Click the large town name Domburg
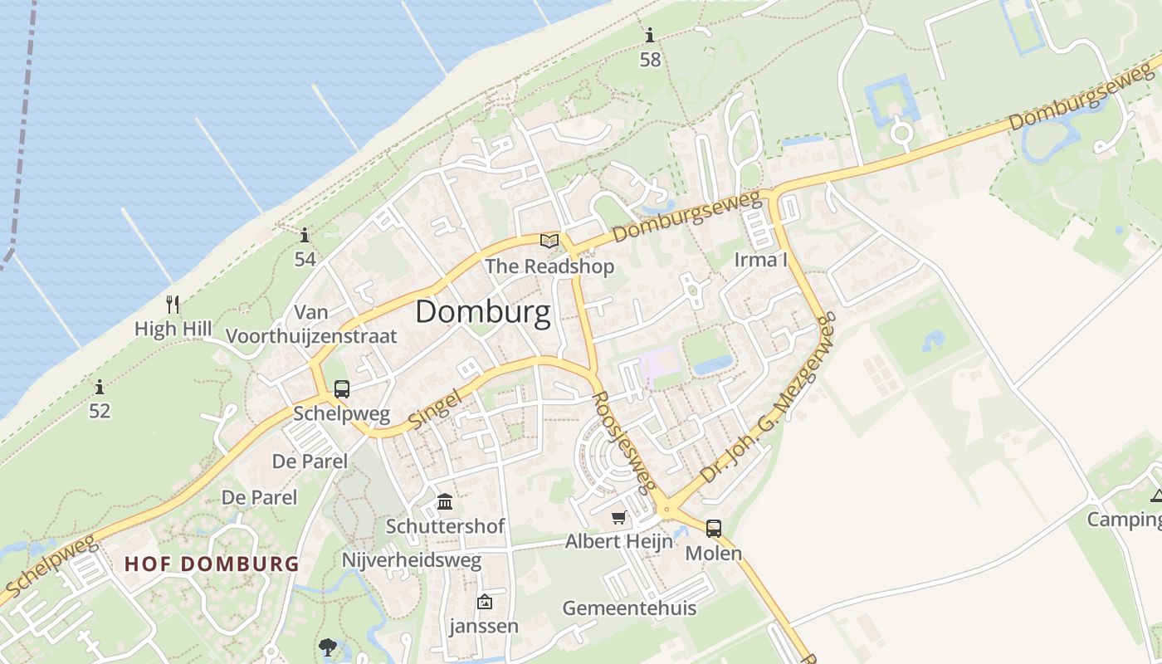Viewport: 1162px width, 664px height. pyautogui.click(x=482, y=312)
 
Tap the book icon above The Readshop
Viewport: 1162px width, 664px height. pyautogui.click(x=549, y=241)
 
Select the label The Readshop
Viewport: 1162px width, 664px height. pyautogui.click(x=549, y=266)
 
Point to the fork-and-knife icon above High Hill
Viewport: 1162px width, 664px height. pyautogui.click(x=173, y=305)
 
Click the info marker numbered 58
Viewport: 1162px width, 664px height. pyautogui.click(x=650, y=36)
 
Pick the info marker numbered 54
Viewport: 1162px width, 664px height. pyautogui.click(x=305, y=236)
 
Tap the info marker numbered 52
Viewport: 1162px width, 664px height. pyautogui.click(x=100, y=387)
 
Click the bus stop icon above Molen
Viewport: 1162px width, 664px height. pyautogui.click(x=713, y=528)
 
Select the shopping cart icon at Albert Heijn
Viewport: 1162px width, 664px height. pyautogui.click(x=618, y=518)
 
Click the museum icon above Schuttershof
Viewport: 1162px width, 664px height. pyautogui.click(x=445, y=502)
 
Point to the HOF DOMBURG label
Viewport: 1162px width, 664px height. pyautogui.click(x=212, y=564)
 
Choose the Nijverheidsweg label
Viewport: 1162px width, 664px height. pyautogui.click(x=412, y=561)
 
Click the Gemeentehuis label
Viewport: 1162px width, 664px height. pyautogui.click(x=629, y=608)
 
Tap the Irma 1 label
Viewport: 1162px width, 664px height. pyautogui.click(x=760, y=260)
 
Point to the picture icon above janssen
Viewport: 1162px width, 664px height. pyautogui.click(x=484, y=602)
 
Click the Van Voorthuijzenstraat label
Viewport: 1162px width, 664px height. pyautogui.click(x=312, y=325)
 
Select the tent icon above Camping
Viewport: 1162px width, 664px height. pyautogui.click(x=1156, y=496)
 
